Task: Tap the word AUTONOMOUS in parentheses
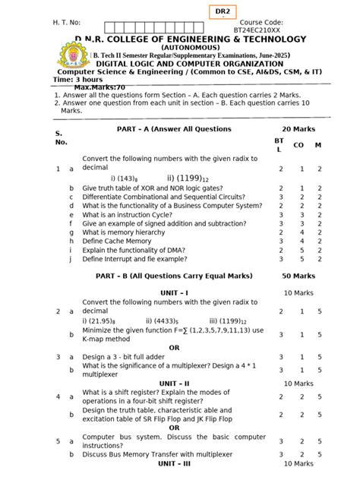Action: [179, 48]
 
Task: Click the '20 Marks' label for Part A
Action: [298, 129]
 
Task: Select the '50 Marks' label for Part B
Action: [298, 276]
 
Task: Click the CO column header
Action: [298, 144]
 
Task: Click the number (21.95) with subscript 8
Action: [101, 321]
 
